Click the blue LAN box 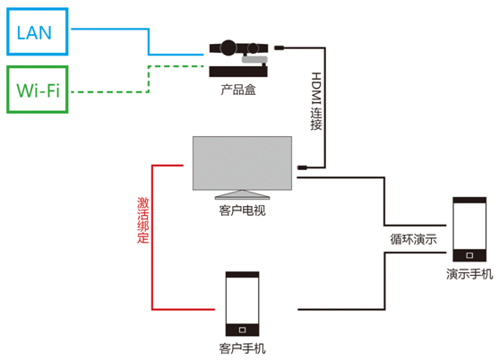(38, 9)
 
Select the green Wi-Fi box (38, 67)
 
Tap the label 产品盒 (238, 90)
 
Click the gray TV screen (242, 163)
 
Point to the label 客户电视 (242, 210)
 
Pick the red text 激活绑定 (142, 220)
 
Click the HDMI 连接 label (316, 101)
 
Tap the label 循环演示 (413, 239)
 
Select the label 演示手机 (469, 274)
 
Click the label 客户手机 (242, 348)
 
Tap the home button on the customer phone (242, 330)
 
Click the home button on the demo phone (469, 255)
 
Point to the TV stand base (242, 195)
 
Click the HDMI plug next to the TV (302, 167)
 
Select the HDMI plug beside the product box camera (280, 47)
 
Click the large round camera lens (228, 47)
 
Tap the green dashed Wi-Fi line (149, 80)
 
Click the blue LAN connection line (149, 41)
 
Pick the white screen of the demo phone (469, 227)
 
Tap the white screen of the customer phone (242, 301)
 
